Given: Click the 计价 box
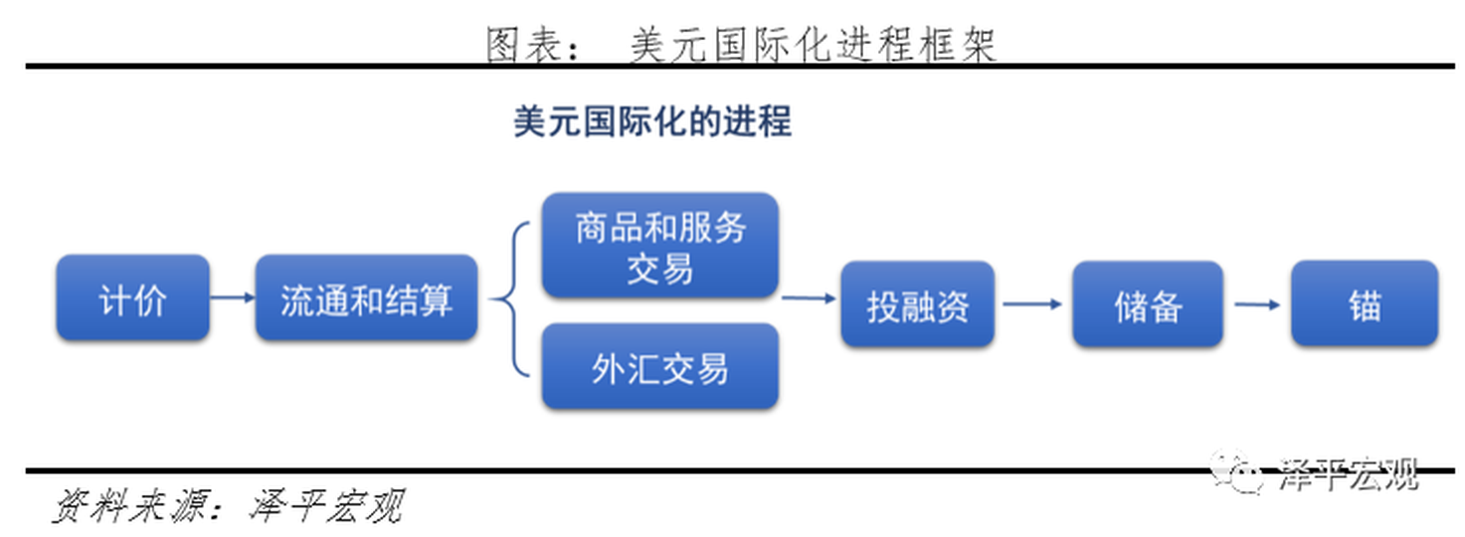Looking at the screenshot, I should click(132, 298).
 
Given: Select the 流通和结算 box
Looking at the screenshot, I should click(366, 298).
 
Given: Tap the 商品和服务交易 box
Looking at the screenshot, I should click(659, 247).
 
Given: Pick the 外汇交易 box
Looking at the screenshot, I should click(659, 367).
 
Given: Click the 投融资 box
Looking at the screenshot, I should click(917, 304).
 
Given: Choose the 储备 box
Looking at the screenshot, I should click(1147, 304).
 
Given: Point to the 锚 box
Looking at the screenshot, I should click(1364, 304).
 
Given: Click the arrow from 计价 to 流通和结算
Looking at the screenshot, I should click(233, 297).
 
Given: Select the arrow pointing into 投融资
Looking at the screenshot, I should click(808, 297).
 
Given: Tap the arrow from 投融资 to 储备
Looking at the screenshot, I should click(1032, 304).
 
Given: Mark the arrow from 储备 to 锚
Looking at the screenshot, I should click(1257, 304).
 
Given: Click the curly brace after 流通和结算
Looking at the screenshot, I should click(510, 299).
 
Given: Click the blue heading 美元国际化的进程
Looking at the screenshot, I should click(652, 122).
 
